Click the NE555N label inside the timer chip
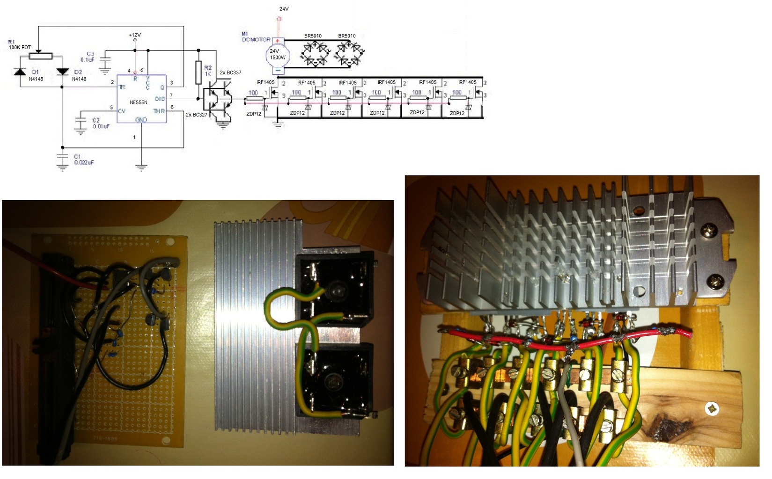[138, 102]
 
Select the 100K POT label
[20, 47]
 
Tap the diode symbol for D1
[20, 72]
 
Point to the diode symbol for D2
[62, 72]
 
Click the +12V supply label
[135, 35]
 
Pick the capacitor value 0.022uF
[84, 163]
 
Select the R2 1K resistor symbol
[199, 72]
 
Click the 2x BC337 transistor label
[230, 73]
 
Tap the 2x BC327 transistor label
[197, 115]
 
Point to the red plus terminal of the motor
[278, 41]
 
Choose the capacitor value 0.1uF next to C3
[88, 60]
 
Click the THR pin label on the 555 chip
[159, 111]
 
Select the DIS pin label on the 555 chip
[160, 99]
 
